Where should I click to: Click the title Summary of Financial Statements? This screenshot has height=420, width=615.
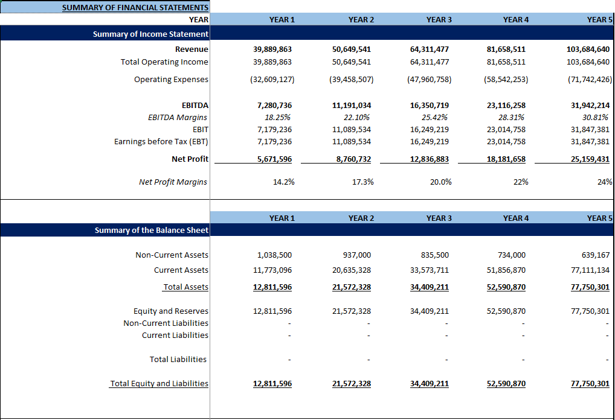pos(135,8)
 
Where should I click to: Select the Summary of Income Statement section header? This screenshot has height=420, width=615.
pos(150,34)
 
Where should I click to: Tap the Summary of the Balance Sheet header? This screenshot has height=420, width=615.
pos(151,231)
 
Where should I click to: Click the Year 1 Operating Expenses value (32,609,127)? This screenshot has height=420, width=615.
pos(272,80)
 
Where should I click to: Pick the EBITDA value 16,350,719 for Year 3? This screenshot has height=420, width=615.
pos(429,106)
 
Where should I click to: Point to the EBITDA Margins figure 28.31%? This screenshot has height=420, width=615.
pos(511,118)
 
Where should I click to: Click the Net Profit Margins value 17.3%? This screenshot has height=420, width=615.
pos(362,182)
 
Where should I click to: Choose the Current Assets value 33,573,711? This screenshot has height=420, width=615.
pos(429,270)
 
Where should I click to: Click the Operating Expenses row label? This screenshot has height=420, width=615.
pos(171,80)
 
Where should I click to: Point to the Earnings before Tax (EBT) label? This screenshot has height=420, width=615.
pos(161,142)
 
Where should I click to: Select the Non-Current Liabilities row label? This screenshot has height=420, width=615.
pos(166,323)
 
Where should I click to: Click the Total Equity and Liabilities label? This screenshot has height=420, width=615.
pos(159,384)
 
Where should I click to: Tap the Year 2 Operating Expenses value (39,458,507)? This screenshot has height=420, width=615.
pos(351,80)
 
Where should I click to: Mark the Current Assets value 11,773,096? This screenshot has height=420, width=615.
pos(272,270)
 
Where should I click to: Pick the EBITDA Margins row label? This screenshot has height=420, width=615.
pos(178,118)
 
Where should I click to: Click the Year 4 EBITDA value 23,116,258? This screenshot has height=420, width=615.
pos(506,106)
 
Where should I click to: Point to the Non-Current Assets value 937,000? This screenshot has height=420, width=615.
pos(358,255)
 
